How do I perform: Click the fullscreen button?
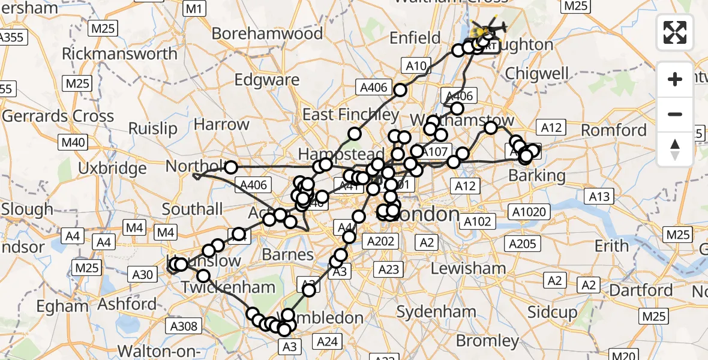pyautogui.click(x=675, y=32)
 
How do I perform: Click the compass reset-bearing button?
pyautogui.click(x=675, y=150)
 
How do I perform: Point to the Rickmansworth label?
pyautogui.click(x=120, y=54)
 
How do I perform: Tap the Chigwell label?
pyautogui.click(x=537, y=73)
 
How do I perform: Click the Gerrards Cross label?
pyautogui.click(x=58, y=116)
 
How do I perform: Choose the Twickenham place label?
pyautogui.click(x=229, y=287)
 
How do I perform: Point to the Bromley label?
pyautogui.click(x=488, y=341)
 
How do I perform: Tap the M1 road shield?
pyautogui.click(x=194, y=8)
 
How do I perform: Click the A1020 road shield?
pyautogui.click(x=529, y=211)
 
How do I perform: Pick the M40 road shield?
pyautogui.click(x=73, y=143)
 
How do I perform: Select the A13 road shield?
pyautogui.click(x=599, y=196)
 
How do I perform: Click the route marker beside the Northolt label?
pyautogui.click(x=230, y=167)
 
